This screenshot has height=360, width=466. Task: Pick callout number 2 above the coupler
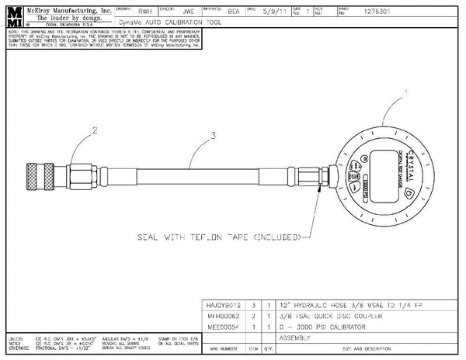95,132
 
